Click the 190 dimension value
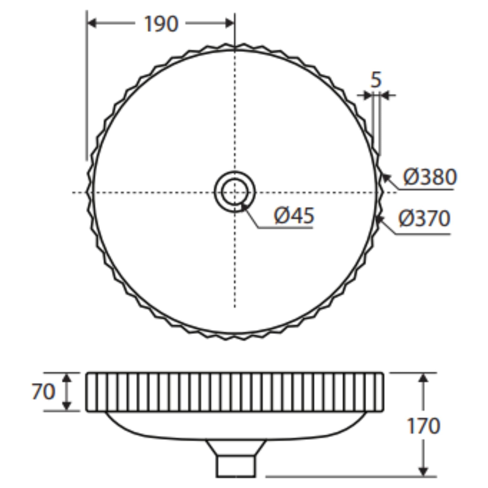(x=161, y=24)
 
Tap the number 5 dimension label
(x=376, y=80)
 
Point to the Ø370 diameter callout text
(x=424, y=219)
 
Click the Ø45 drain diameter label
(x=294, y=215)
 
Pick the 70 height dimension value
(x=43, y=391)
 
